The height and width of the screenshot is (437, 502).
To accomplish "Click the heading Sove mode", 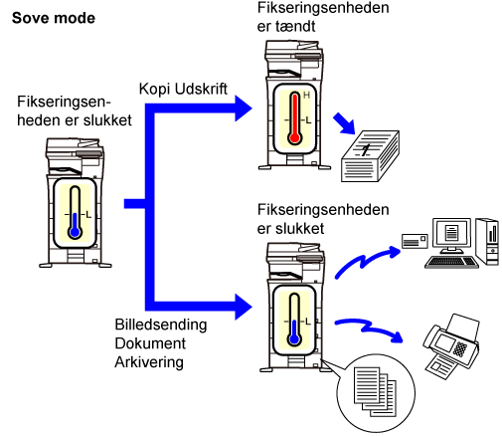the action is (x=54, y=18).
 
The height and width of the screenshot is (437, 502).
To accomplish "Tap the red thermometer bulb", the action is (x=294, y=137).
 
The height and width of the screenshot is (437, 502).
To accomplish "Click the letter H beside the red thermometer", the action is (x=306, y=96).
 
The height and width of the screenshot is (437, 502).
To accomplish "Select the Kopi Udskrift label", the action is (x=183, y=90).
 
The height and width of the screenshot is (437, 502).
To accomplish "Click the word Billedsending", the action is (x=161, y=325).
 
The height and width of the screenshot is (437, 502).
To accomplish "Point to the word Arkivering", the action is (x=149, y=362).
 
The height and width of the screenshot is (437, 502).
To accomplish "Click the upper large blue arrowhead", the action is (x=244, y=109).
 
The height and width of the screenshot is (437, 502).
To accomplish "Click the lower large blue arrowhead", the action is (x=244, y=307).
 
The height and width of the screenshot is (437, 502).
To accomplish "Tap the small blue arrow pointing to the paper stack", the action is (x=344, y=123).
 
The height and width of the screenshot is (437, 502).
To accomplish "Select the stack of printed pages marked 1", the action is (x=370, y=156).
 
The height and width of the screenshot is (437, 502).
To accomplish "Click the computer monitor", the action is (x=451, y=235).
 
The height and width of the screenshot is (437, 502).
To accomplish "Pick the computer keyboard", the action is (x=451, y=262).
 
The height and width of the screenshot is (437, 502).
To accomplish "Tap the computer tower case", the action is (x=487, y=241).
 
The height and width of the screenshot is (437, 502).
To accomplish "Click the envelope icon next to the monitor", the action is (x=415, y=241).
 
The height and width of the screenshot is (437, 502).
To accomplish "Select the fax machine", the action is (x=451, y=345).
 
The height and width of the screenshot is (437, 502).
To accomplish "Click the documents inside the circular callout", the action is (x=375, y=391).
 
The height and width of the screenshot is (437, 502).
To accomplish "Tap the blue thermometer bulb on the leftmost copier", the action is (x=75, y=232).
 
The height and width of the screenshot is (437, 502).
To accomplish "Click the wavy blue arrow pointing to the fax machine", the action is (x=368, y=329).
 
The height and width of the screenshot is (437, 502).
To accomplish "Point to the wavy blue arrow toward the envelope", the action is (x=366, y=261).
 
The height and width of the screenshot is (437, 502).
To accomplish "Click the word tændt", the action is (x=296, y=26).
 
